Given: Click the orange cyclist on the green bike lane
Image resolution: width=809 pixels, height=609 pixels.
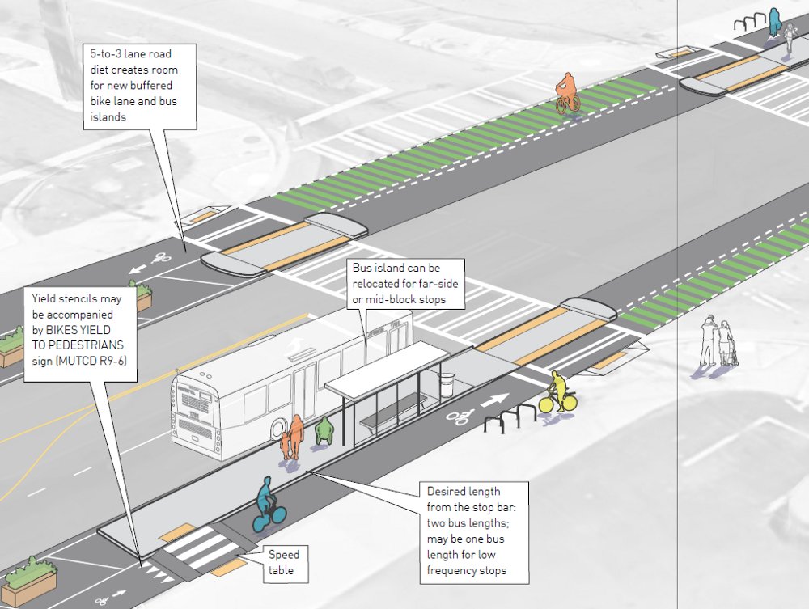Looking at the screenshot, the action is click(x=567, y=93).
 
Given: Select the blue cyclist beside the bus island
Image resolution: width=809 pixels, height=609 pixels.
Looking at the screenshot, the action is click(x=266, y=505).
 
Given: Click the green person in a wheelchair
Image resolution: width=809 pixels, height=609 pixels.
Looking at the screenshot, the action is click(x=324, y=431).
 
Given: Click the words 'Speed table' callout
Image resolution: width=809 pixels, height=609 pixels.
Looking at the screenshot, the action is click(x=283, y=563).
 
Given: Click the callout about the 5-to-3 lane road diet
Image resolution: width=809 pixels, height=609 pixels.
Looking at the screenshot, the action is click(x=142, y=86).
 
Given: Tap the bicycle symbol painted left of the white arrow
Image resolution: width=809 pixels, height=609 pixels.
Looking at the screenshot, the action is click(x=461, y=417).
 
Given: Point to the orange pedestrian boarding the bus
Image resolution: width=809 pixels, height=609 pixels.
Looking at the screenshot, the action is click(x=298, y=437).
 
